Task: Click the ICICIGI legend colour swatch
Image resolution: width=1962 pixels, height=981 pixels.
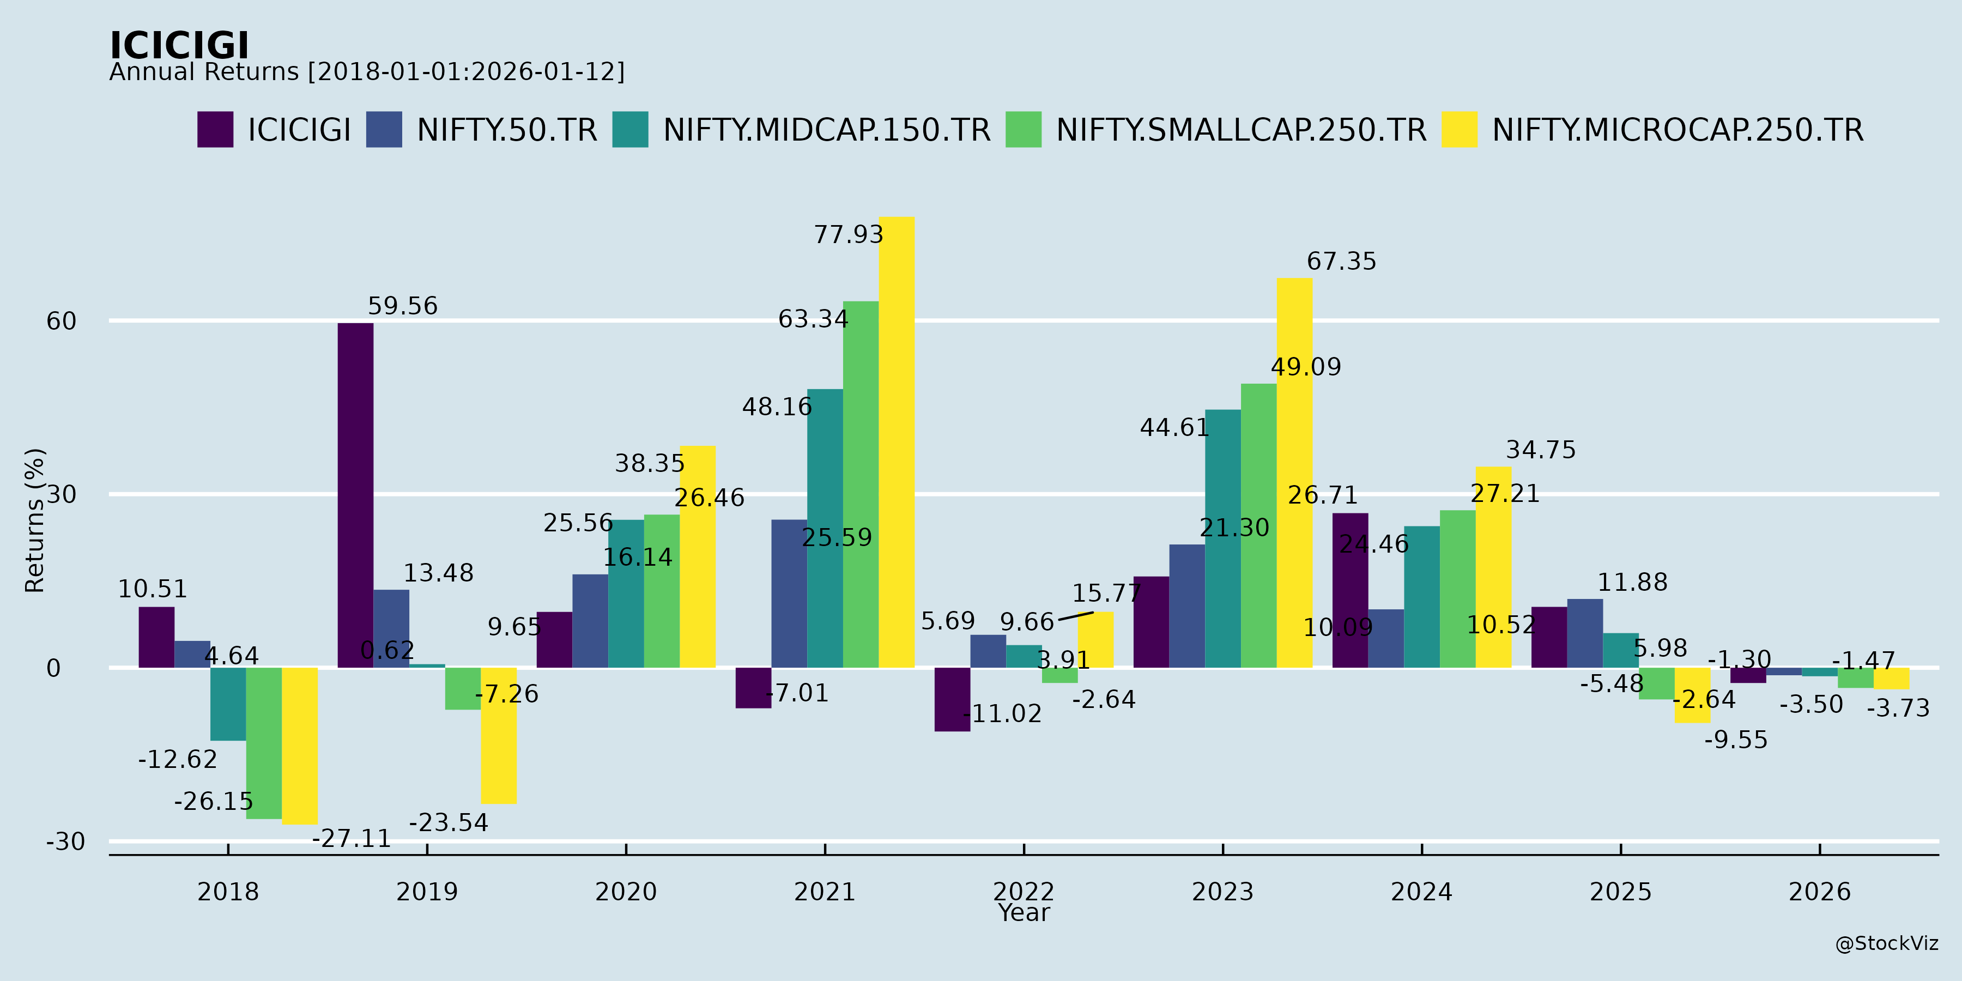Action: point(215,130)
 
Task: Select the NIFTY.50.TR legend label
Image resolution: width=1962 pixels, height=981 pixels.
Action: point(506,130)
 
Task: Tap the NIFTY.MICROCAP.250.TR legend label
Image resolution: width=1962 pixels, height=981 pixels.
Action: point(1677,130)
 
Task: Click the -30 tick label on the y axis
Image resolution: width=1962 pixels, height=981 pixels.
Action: point(65,841)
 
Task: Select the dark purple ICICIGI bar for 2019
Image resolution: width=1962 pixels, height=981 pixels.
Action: point(356,495)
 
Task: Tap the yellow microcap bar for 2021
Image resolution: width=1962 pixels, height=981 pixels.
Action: point(897,442)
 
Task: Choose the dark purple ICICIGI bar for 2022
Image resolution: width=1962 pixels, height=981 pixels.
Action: point(952,699)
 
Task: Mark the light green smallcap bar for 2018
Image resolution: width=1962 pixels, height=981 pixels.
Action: point(264,743)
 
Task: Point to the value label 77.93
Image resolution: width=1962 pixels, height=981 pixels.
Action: point(849,234)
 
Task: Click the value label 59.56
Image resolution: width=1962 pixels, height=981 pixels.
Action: point(403,306)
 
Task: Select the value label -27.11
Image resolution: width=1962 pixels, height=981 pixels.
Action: point(351,839)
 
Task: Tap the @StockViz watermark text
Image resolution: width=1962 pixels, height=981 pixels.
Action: point(1887,944)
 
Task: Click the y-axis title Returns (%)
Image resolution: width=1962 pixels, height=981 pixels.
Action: point(35,520)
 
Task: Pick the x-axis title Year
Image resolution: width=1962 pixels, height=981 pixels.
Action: point(1024,912)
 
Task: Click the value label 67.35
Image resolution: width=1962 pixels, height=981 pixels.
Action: point(1341,261)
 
